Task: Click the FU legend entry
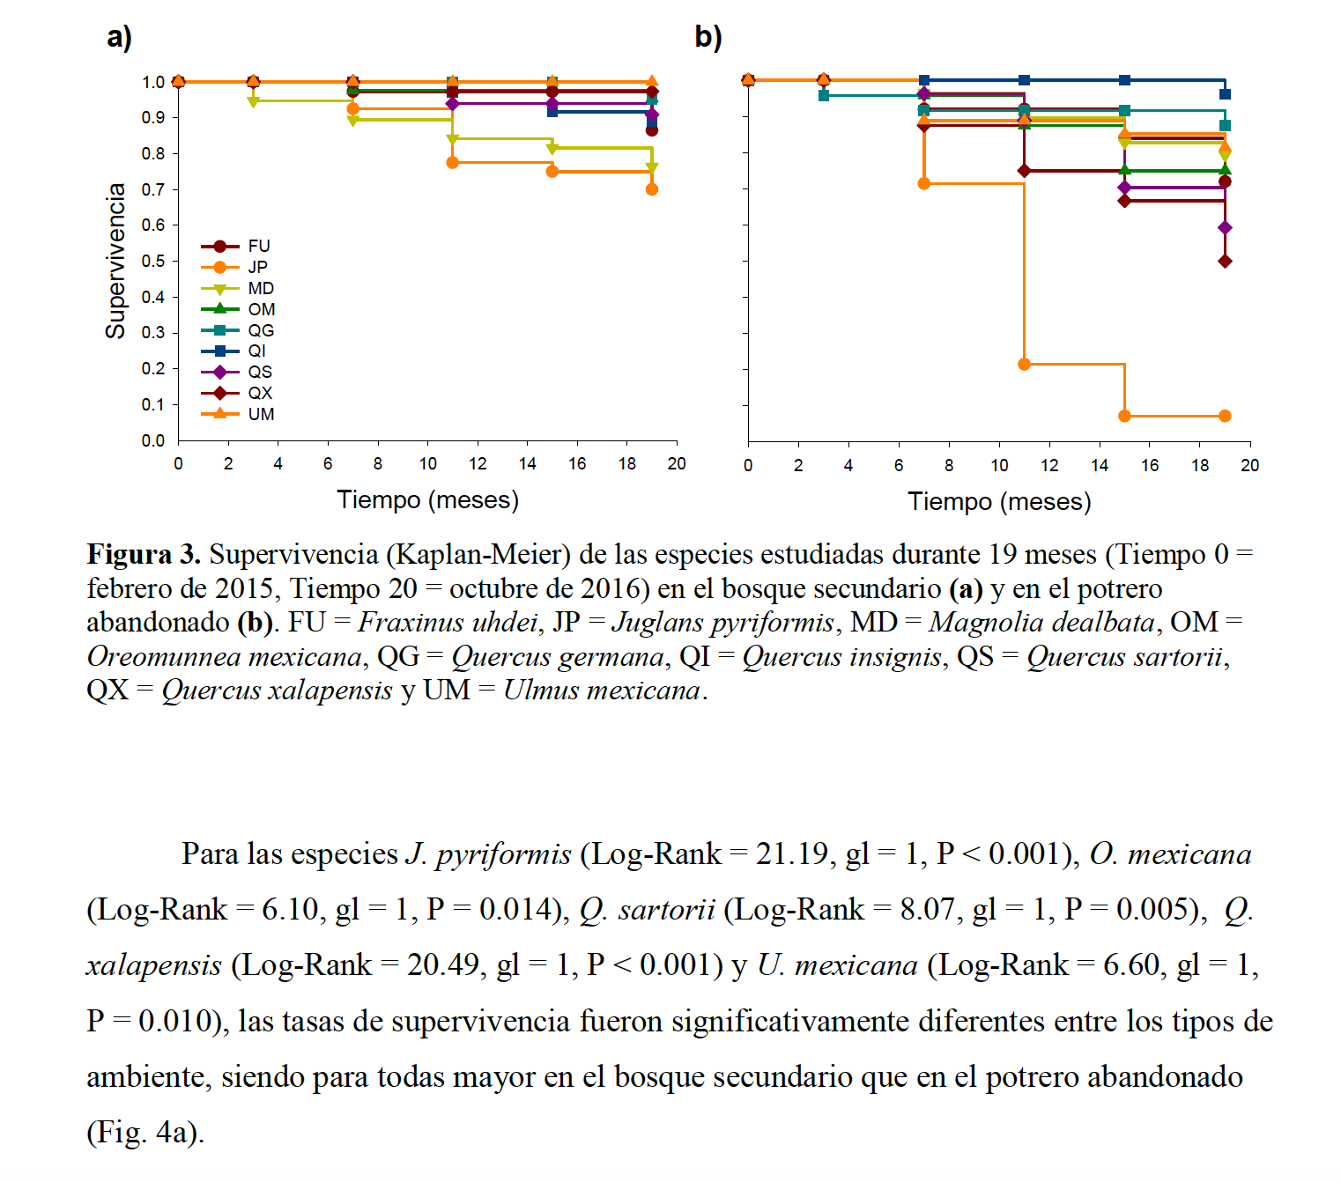(258, 247)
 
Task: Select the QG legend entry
(260, 330)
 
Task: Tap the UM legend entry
(260, 414)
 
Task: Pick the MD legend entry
(260, 288)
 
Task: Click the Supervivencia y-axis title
(115, 261)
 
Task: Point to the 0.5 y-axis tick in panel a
(153, 261)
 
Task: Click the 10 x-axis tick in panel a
(428, 464)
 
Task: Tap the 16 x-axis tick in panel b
(1150, 466)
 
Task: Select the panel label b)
(708, 37)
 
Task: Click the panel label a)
(119, 37)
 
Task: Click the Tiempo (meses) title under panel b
(999, 501)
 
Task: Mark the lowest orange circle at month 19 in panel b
(1225, 416)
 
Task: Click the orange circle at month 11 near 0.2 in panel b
(1024, 364)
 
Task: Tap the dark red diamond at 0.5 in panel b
(1225, 262)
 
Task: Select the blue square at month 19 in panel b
(1225, 94)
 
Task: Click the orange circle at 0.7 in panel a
(652, 189)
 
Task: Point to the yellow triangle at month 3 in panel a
(253, 101)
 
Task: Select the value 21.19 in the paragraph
(791, 854)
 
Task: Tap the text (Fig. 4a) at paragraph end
(145, 1132)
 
